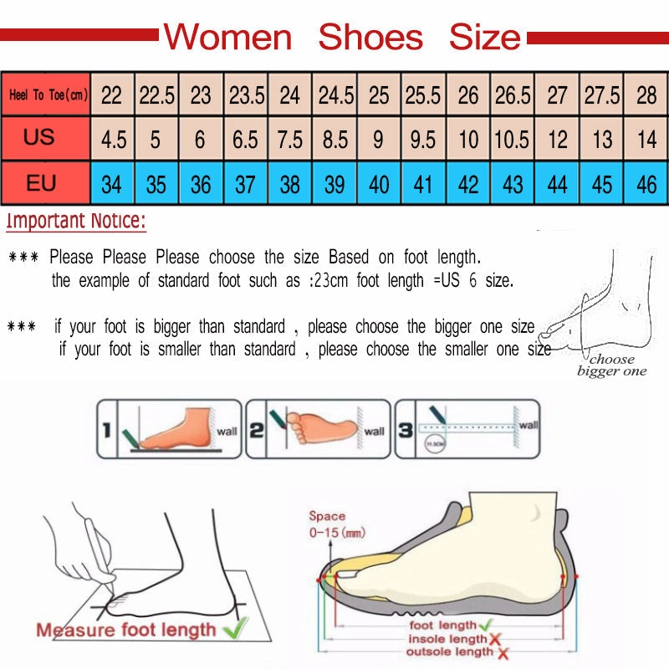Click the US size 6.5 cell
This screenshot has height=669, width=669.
[245, 139]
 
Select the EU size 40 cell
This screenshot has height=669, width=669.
[379, 183]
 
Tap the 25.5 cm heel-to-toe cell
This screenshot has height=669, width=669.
[423, 95]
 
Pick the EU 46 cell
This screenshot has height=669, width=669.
[646, 183]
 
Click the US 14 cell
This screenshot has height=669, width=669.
[646, 139]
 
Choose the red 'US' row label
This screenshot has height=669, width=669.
[39, 137]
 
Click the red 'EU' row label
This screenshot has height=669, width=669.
[40, 182]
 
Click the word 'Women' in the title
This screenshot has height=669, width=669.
[227, 38]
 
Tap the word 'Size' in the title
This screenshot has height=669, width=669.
[485, 38]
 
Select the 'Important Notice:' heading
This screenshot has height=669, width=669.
[76, 222]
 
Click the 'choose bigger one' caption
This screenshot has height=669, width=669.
[612, 365]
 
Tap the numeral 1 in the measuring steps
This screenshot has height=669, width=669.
[107, 432]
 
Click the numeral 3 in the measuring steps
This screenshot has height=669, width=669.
[405, 432]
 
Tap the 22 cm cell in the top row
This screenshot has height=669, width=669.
[112, 95]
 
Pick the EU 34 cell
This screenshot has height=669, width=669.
[112, 183]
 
